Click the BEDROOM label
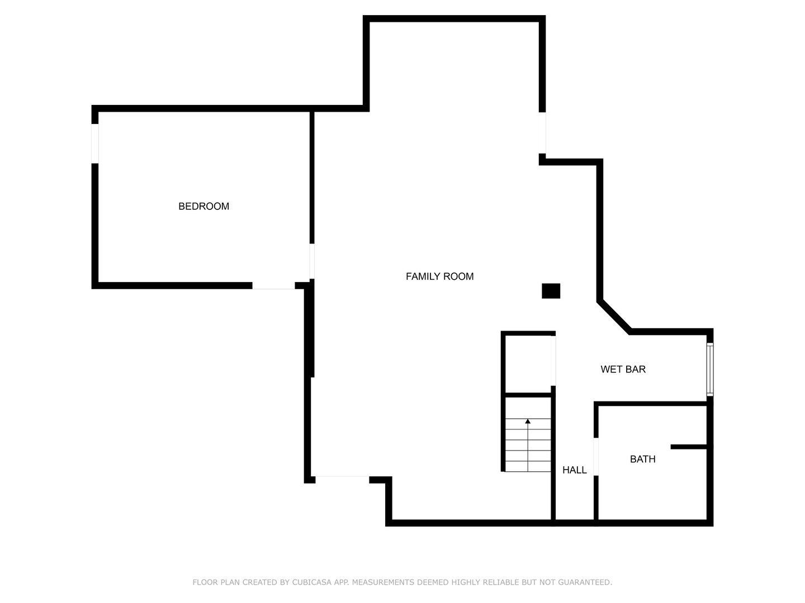point(203,206)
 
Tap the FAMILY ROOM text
point(439,276)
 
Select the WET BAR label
point(623,369)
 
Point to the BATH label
point(642,459)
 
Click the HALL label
point(574,470)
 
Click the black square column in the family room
point(551,291)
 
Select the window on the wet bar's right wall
point(710,369)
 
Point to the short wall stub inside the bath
point(689,447)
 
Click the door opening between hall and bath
point(596,457)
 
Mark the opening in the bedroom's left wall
point(95,143)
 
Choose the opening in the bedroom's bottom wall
point(273,285)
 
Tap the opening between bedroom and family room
point(312,261)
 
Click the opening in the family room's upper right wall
point(542,133)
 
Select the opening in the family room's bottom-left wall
point(342,480)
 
